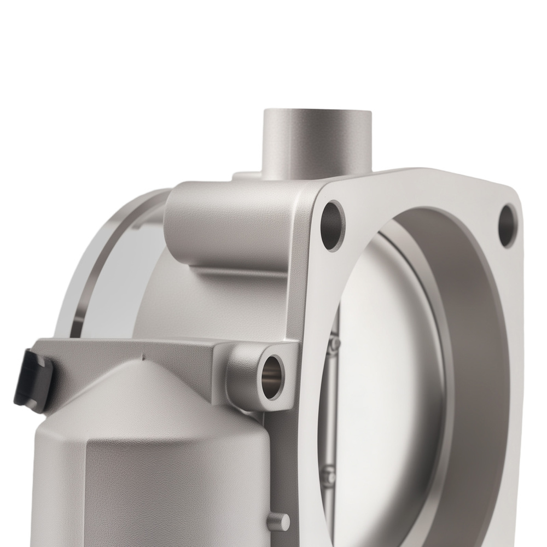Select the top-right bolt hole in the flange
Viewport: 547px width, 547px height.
point(508,225)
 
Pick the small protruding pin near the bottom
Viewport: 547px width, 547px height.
point(281,519)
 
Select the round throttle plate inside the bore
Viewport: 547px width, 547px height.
point(394,350)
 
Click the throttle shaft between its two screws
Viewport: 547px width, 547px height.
point(333,410)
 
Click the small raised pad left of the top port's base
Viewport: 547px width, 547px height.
point(246,177)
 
